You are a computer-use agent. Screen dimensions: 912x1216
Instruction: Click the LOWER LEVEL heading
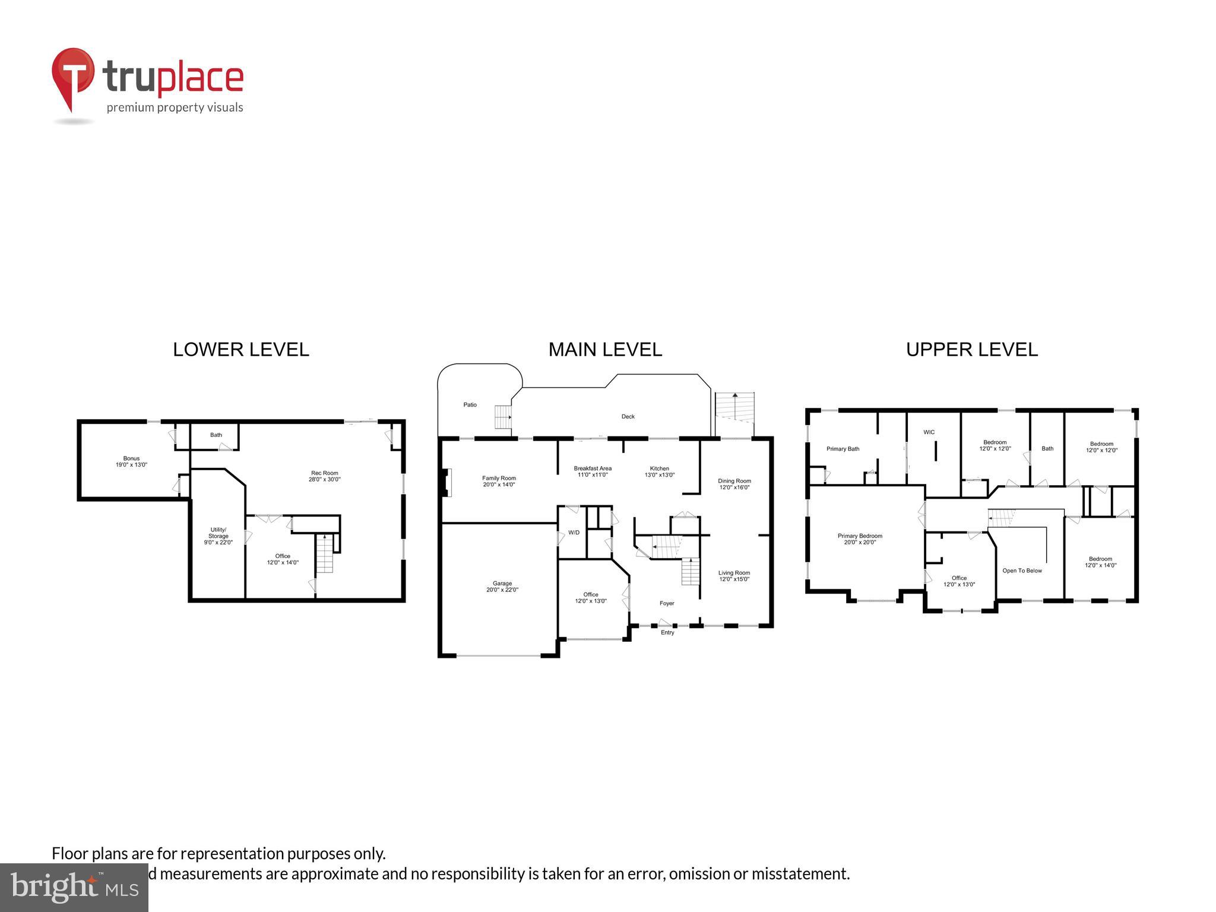click(240, 350)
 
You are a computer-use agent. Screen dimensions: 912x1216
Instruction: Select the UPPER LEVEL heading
click(971, 350)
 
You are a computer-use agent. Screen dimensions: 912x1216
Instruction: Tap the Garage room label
click(502, 587)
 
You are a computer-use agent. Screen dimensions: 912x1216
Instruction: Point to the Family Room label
click(499, 481)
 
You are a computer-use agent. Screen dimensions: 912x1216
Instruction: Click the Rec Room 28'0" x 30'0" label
click(324, 476)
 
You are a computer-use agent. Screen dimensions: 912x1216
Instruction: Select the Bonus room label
click(131, 461)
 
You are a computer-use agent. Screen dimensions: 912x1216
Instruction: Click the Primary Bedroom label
click(860, 539)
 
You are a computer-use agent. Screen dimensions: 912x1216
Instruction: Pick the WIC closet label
click(929, 432)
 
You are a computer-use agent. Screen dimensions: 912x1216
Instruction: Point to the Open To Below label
click(1022, 571)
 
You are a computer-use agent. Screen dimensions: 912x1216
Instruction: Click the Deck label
click(628, 417)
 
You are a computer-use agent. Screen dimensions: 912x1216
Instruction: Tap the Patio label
click(470, 405)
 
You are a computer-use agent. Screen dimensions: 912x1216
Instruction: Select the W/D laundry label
click(574, 533)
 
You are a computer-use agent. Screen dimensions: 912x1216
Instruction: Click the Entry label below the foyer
click(667, 633)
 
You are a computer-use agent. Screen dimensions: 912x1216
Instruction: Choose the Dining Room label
click(734, 484)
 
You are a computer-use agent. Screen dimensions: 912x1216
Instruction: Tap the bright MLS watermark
click(74, 888)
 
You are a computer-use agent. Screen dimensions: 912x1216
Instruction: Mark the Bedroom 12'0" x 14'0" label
click(1100, 562)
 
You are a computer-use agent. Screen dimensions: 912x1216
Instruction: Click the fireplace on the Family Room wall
click(446, 482)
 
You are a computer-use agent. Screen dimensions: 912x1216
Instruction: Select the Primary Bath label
click(843, 449)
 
